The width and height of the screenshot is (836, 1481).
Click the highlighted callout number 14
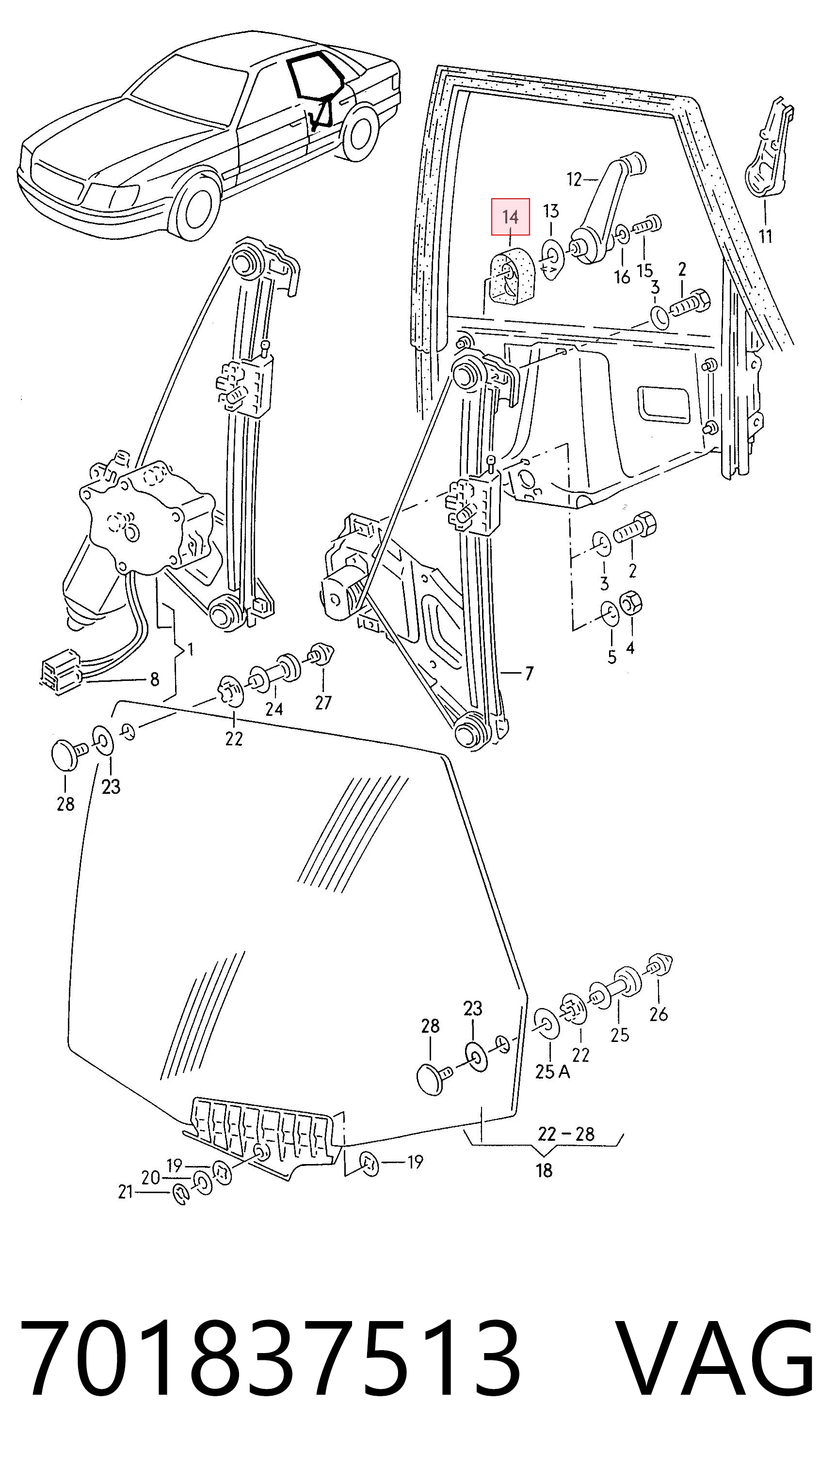click(510, 217)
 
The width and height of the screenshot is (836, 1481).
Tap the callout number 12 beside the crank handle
click(574, 179)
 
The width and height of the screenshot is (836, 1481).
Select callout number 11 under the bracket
click(765, 236)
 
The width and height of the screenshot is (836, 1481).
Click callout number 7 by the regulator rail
click(529, 673)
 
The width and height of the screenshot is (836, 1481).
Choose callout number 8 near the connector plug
click(154, 679)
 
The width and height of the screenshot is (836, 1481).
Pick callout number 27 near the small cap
click(323, 702)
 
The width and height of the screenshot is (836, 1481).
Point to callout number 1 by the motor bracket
click(190, 650)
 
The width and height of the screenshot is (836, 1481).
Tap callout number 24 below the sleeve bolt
click(274, 709)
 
